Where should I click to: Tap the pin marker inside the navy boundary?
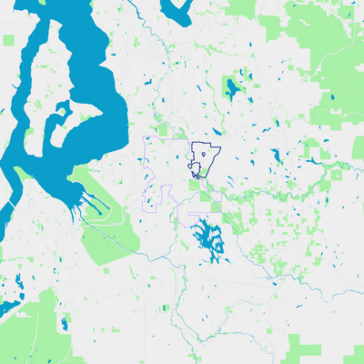click(205, 156)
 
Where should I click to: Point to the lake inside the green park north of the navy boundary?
click(232, 89)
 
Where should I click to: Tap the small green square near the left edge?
click(8, 41)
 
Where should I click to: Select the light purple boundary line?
click(146, 173)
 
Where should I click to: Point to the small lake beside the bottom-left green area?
click(64, 322)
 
